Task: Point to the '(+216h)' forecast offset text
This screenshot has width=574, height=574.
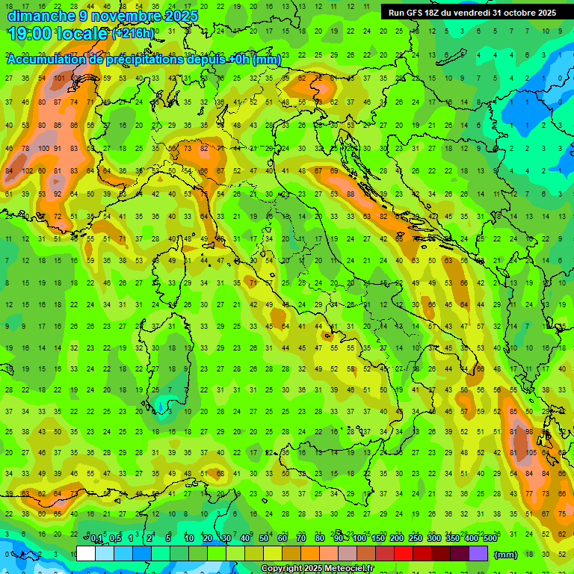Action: point(133,34)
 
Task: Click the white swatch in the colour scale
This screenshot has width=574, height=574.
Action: point(86,554)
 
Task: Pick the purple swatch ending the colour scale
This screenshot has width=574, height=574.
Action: point(478,554)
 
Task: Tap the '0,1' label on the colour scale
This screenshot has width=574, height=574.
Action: point(96,539)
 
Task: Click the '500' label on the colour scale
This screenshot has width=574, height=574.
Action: point(490,539)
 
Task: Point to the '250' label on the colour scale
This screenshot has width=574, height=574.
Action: point(415,539)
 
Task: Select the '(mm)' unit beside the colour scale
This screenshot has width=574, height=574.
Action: point(506,555)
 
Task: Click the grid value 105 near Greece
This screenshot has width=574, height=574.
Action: point(531,452)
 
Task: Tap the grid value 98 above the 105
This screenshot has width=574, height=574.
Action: point(530,432)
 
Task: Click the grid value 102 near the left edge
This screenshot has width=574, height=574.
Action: point(28,170)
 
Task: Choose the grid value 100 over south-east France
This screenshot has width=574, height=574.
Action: point(44,149)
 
